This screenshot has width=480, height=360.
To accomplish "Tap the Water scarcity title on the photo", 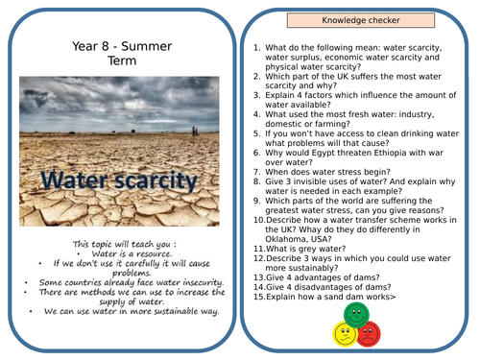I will click(121, 180).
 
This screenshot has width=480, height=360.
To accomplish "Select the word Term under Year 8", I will click(120, 60).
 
